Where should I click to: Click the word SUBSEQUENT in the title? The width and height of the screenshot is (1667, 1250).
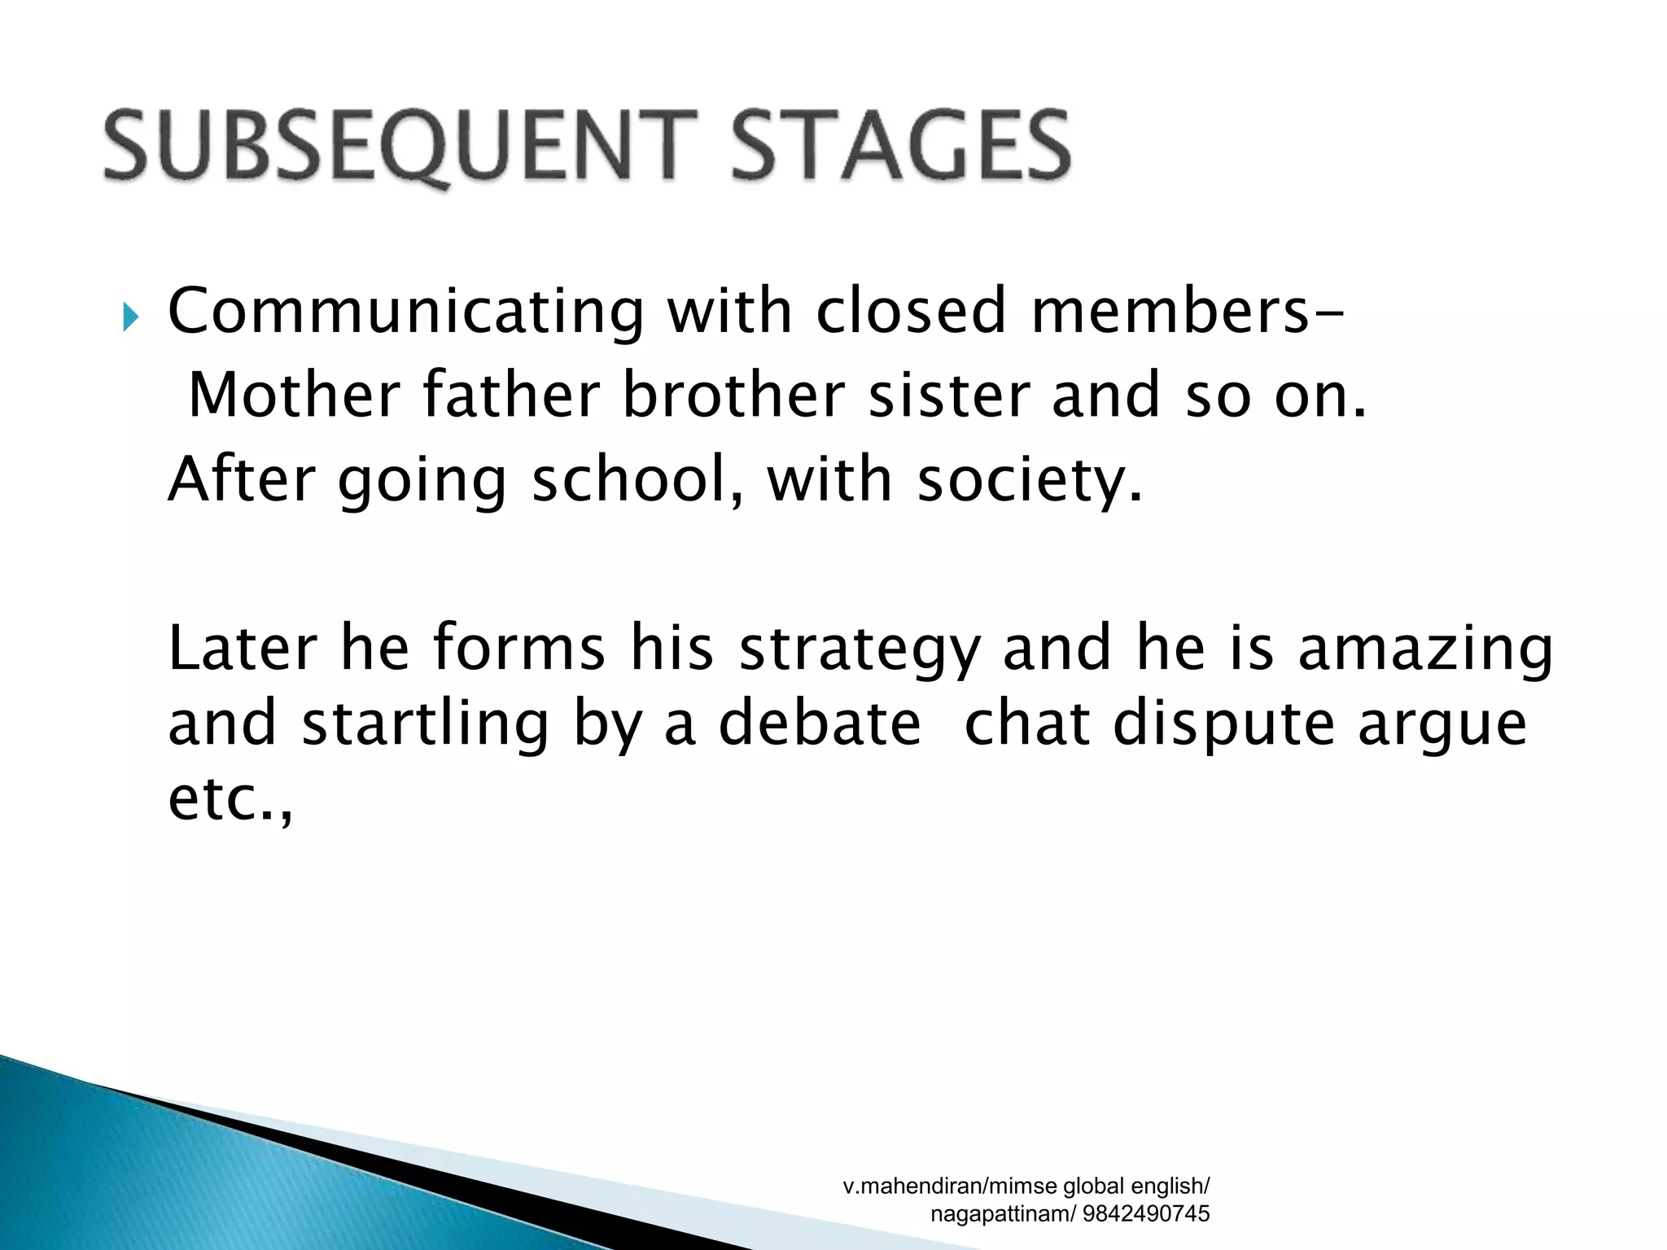tap(399, 146)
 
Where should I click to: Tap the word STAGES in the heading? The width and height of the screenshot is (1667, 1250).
tap(900, 146)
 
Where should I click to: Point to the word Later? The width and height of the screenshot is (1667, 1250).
tap(242, 648)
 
